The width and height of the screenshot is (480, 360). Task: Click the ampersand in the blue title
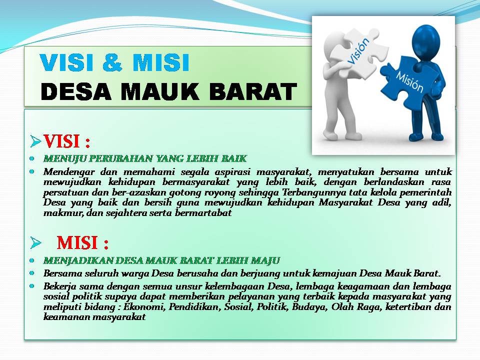112,63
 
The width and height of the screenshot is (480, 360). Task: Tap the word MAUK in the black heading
160,91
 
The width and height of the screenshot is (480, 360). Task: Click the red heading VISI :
66,141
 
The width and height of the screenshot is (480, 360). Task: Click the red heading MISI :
82,243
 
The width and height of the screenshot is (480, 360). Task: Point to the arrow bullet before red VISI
35,141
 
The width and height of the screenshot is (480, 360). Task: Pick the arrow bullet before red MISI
35,243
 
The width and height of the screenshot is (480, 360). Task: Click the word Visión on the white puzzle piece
358,51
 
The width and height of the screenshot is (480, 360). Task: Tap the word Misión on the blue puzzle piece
409,81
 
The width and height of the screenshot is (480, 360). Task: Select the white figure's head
334,42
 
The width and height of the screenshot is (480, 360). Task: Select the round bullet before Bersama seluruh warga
32,273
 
